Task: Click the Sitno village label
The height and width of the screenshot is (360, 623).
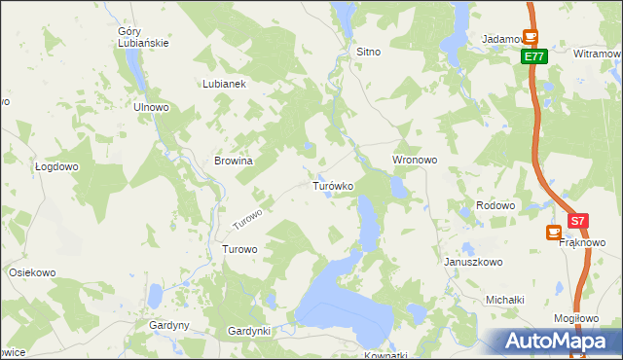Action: pos(368,53)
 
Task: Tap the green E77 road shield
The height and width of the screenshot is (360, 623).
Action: pos(532,57)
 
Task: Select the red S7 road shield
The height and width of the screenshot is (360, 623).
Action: pos(579,222)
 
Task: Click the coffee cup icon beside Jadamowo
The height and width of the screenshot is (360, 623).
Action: pos(531,37)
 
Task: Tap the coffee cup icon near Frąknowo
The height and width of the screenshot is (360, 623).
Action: pos(553,234)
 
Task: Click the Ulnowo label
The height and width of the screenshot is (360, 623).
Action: pos(151,107)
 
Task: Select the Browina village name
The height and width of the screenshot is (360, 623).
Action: pos(234,161)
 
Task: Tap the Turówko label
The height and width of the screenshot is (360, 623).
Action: pos(332,185)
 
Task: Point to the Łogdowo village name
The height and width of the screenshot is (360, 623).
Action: pos(55,166)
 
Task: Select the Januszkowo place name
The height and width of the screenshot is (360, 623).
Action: pos(473,263)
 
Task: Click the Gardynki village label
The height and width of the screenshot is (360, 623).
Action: pos(248,331)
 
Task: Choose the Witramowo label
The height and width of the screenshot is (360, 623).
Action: pos(598,54)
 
